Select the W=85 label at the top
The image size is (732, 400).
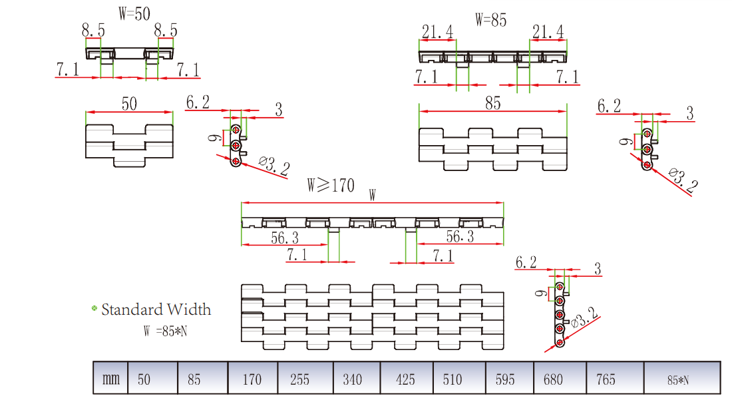[490, 20]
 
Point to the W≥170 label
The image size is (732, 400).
[331, 184]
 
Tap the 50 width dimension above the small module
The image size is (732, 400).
[129, 103]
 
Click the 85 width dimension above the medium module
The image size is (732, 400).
[492, 103]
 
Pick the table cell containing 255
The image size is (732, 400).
[300, 379]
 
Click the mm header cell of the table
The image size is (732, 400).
[110, 379]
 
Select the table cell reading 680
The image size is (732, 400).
[552, 379]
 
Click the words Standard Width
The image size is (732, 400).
[156, 309]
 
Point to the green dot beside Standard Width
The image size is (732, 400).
[94, 308]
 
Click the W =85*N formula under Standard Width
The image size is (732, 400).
[165, 330]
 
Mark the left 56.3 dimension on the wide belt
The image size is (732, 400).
[284, 238]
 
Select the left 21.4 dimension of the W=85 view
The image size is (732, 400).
[437, 31]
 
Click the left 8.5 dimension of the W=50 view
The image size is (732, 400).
[93, 30]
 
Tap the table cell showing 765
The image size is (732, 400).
[606, 379]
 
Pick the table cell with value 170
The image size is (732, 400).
[252, 379]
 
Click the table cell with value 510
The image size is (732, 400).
[452, 379]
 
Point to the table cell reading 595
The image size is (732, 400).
[505, 379]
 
